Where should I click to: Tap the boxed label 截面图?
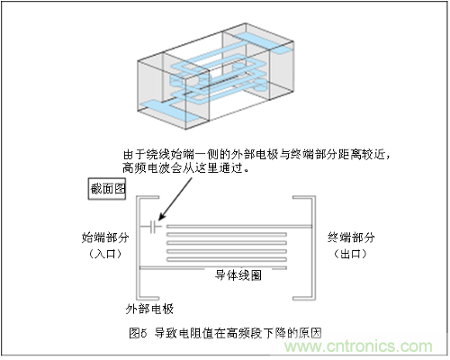pyautogui.click(x=107, y=189)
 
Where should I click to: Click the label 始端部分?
pyautogui.click(x=105, y=238)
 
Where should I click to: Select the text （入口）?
pyautogui.click(x=105, y=254)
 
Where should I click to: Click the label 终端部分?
pyautogui.click(x=351, y=238)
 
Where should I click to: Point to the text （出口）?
pyautogui.click(x=351, y=254)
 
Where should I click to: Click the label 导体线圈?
pyautogui.click(x=238, y=275)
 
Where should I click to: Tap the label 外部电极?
pyautogui.click(x=149, y=309)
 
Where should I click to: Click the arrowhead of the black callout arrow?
pyautogui.click(x=161, y=217)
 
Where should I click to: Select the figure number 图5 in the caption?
pyautogui.click(x=138, y=333)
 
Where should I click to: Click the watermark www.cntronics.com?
pyautogui.click(x=358, y=346)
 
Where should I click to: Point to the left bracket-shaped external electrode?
pyautogui.click(x=139, y=247)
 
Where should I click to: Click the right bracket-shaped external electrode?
pyautogui.click(x=313, y=247)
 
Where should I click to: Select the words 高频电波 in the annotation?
pyautogui.click(x=146, y=168)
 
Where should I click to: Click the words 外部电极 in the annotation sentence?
pyautogui.click(x=255, y=155)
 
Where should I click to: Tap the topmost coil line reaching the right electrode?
pyautogui.click(x=239, y=227)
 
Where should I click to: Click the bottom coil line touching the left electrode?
pyautogui.click(x=213, y=267)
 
